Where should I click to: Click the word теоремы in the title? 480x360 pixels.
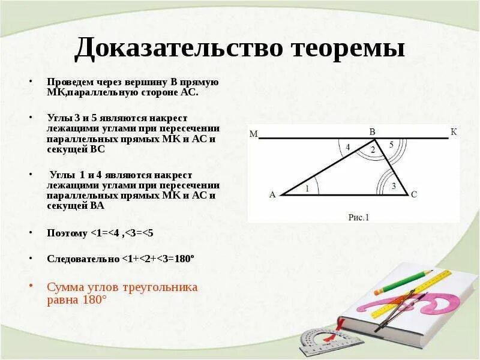click(349, 49)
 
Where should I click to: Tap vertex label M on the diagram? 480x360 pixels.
click(253, 134)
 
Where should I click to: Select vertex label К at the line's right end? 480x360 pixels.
click(454, 131)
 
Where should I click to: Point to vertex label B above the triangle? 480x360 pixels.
click(372, 131)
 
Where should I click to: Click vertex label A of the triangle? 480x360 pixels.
click(272, 194)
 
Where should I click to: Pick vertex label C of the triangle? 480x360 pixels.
click(414, 194)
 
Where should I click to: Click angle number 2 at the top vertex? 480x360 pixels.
click(373, 150)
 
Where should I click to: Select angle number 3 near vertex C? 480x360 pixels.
click(394, 186)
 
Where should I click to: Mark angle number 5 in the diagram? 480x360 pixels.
click(391, 145)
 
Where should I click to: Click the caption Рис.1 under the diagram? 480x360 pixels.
click(359, 218)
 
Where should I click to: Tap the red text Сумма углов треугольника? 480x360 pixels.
click(122, 287)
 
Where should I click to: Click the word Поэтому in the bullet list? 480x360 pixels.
click(67, 233)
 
